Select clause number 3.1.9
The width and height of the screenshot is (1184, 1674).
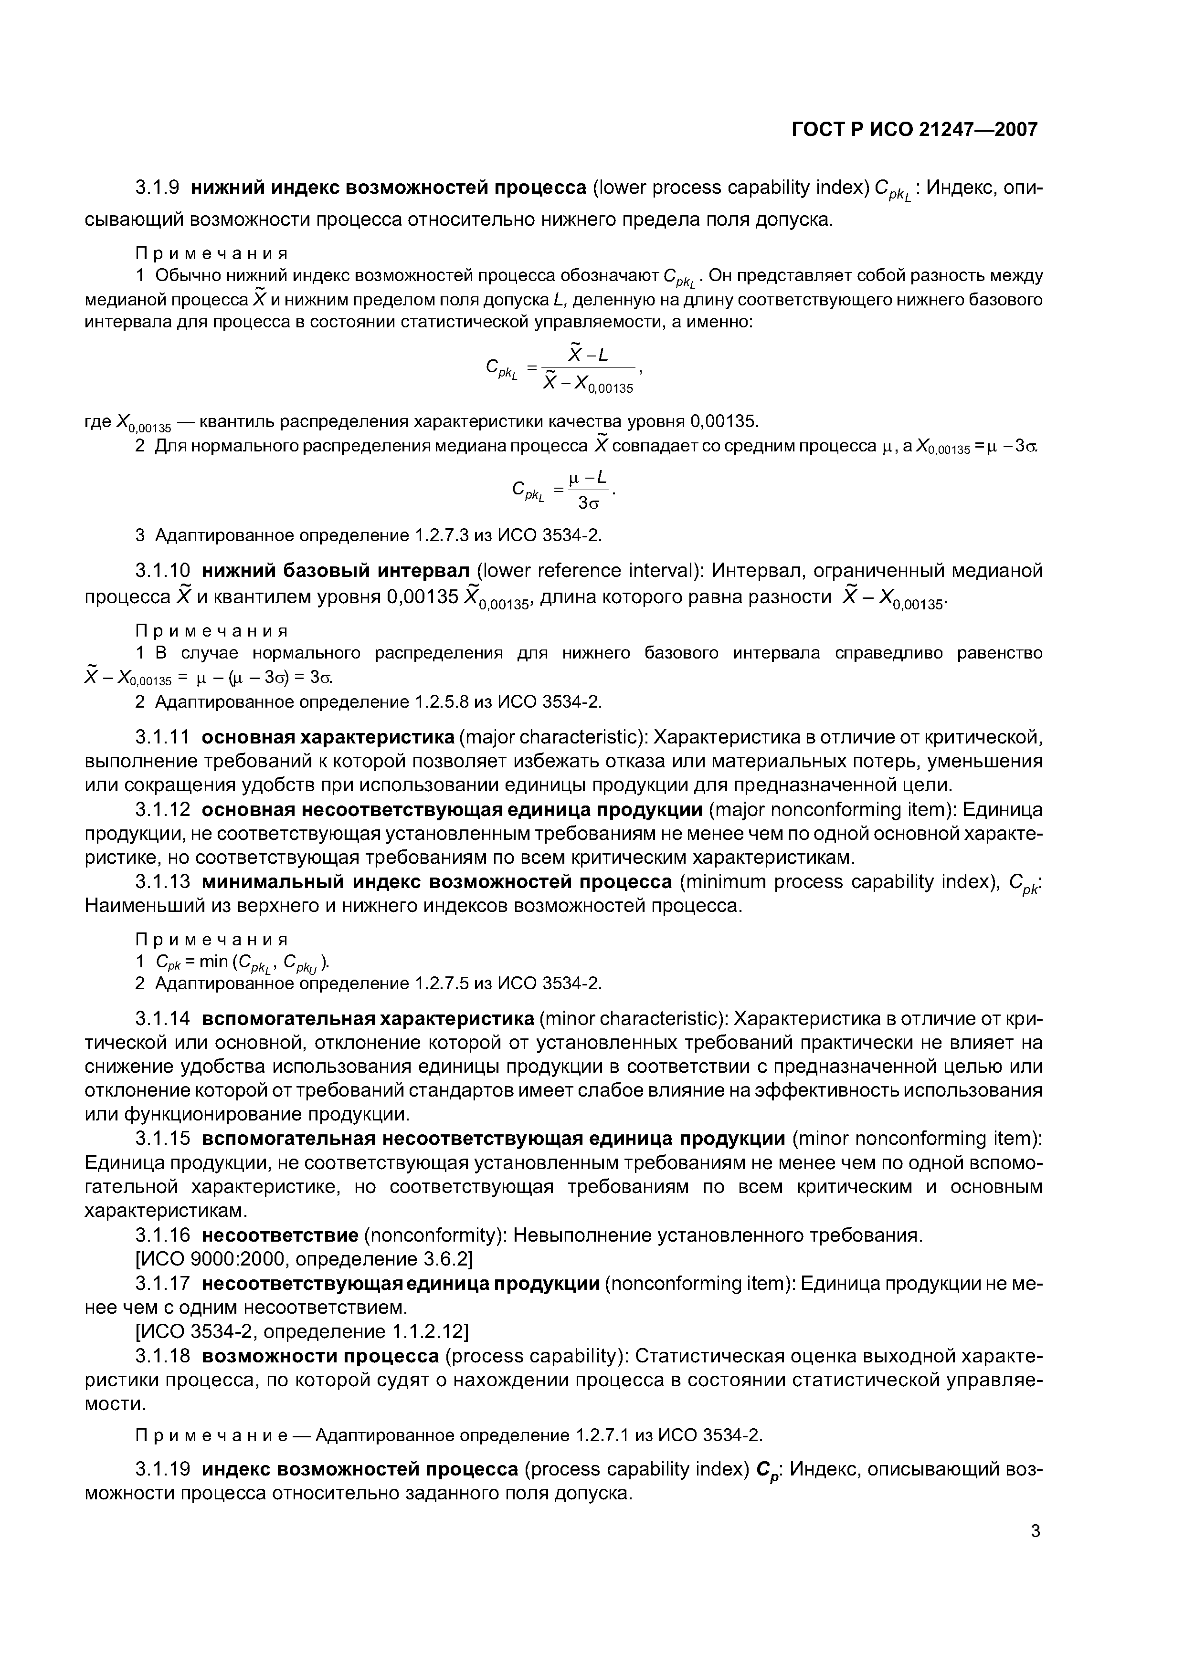[158, 188]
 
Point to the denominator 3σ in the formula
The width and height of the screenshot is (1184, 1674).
[589, 503]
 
